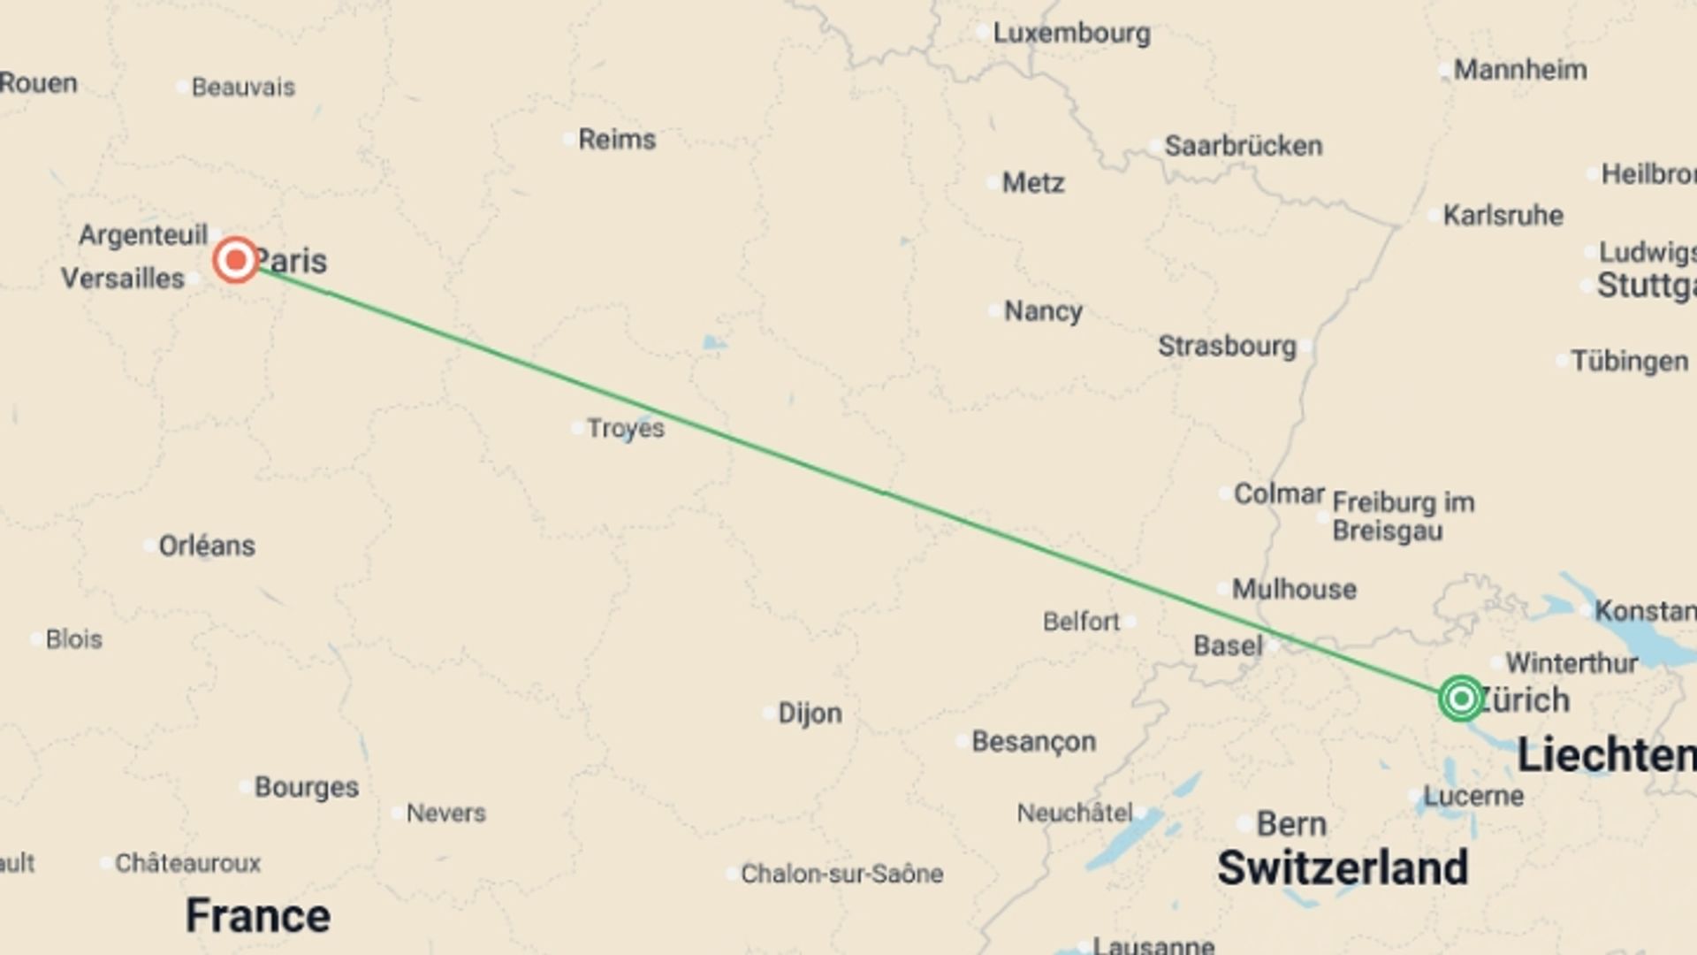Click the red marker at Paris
point(236,260)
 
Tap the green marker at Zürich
point(1460,699)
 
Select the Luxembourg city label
point(1071,34)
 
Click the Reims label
point(617,139)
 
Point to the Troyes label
point(626,428)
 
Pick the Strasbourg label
point(1227,346)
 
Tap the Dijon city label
point(810,714)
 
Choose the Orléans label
point(207,546)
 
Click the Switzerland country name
point(1343,867)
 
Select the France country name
point(258,915)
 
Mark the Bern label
point(1291,824)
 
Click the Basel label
point(1228,646)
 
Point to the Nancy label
point(1043,311)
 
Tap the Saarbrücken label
point(1243,146)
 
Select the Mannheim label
point(1520,70)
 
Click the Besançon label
point(1033,741)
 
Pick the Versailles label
point(123,279)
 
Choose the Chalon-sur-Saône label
point(841,874)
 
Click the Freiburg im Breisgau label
point(1403,516)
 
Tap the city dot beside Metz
point(993,184)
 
